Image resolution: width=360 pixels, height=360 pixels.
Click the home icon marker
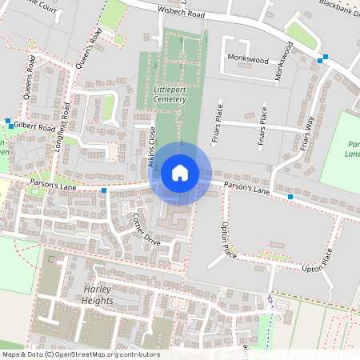[x=180, y=172]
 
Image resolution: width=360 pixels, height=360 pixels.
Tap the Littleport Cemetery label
[x=168, y=94]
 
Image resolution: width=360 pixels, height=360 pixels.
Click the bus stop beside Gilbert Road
[x=9, y=125]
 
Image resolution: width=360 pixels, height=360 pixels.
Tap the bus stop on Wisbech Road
[x=321, y=60]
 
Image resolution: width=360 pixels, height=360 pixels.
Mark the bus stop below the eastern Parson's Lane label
[x=289, y=196]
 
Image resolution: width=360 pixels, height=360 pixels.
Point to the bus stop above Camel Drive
[x=104, y=190]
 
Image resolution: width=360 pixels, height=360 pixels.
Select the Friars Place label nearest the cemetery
[x=216, y=128]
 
